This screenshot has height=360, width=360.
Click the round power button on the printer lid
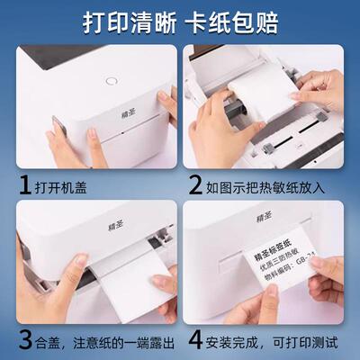tap(112, 80)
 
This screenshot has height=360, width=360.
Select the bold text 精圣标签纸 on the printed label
tap(276, 265)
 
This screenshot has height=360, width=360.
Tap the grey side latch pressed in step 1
tap(56, 128)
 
